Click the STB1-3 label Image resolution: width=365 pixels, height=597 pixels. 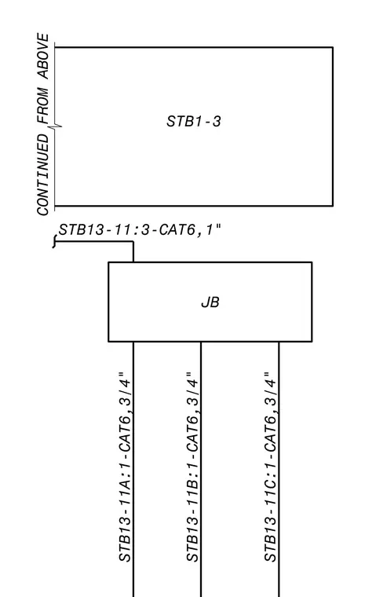(193, 122)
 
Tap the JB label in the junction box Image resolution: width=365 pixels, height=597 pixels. (210, 302)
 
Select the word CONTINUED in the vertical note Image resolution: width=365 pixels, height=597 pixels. (43, 174)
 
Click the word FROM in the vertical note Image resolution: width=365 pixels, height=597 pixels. (43, 106)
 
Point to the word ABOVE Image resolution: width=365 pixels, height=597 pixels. (43, 56)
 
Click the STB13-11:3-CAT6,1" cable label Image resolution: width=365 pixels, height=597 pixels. (139, 230)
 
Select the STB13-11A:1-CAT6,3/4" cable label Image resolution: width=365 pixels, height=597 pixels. (126, 467)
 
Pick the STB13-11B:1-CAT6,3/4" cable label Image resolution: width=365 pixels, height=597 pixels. (192, 467)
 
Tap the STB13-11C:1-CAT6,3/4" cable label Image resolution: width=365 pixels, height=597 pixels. (270, 467)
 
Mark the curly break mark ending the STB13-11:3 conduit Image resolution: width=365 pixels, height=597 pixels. (55, 241)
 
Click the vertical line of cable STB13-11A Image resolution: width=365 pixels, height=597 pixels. (133, 469)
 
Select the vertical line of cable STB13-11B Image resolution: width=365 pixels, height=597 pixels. (201, 469)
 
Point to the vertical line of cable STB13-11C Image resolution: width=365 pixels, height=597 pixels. (279, 469)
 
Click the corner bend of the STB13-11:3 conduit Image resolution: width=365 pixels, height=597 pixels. (133, 241)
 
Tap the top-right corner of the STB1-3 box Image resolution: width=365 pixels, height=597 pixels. (333, 47)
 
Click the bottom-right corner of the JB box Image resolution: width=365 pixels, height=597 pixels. (312, 341)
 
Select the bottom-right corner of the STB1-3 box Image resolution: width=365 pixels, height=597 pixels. (333, 206)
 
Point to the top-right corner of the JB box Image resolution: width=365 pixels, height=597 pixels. (312, 262)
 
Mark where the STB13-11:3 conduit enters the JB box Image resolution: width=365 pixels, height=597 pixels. (133, 262)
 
